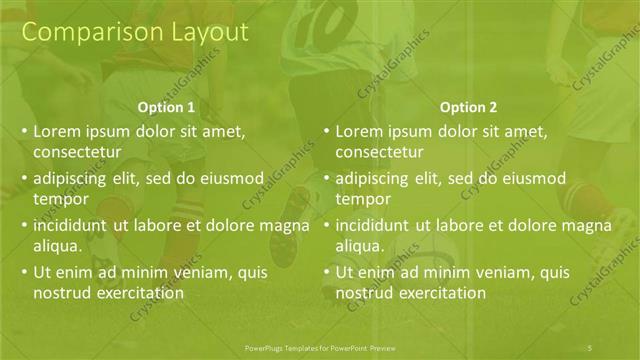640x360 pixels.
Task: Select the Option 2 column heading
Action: tap(467, 108)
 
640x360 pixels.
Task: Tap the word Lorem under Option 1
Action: tap(56, 131)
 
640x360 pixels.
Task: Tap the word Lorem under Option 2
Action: tap(358, 131)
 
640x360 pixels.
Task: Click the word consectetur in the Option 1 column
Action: tap(77, 152)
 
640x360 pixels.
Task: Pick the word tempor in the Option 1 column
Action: tap(57, 199)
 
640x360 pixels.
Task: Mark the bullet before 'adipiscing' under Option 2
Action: tap(325, 179)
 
